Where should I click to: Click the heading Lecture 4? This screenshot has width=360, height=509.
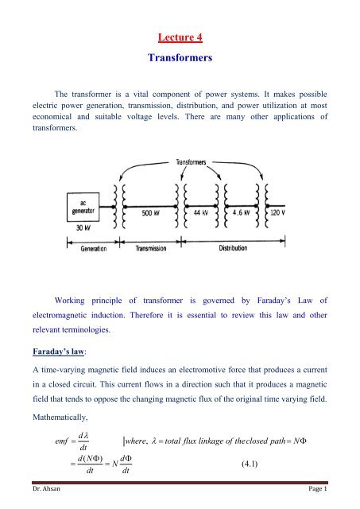tap(180, 34)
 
